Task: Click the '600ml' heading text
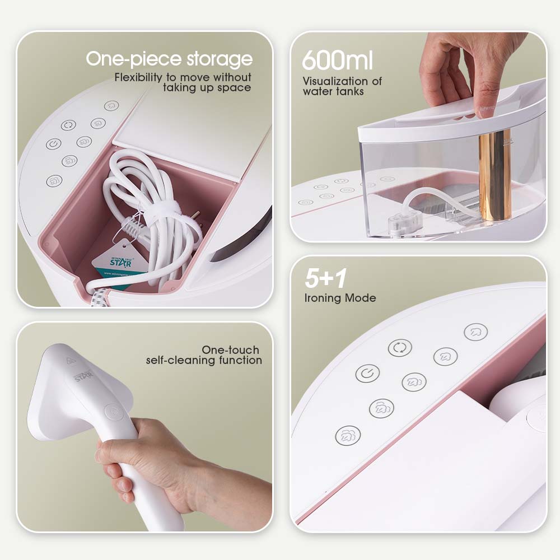click(x=337, y=60)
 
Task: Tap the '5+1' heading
click(x=324, y=279)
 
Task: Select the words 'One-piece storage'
click(x=169, y=59)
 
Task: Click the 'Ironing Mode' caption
click(x=340, y=297)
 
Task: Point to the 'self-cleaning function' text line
click(x=204, y=360)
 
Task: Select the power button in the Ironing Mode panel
click(x=367, y=374)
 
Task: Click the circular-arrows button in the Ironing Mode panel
click(x=400, y=348)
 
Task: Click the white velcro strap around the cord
click(x=158, y=211)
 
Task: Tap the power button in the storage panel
click(x=54, y=143)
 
